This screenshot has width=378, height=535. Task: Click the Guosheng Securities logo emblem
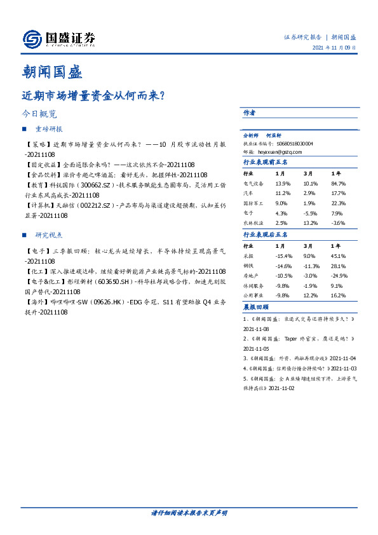coord(32,39)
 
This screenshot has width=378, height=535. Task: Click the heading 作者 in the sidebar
coord(249,112)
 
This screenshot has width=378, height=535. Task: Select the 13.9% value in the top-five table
coord(283,183)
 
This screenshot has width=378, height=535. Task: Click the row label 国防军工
coord(252,203)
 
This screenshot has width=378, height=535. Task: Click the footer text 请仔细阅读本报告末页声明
coord(189,512)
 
